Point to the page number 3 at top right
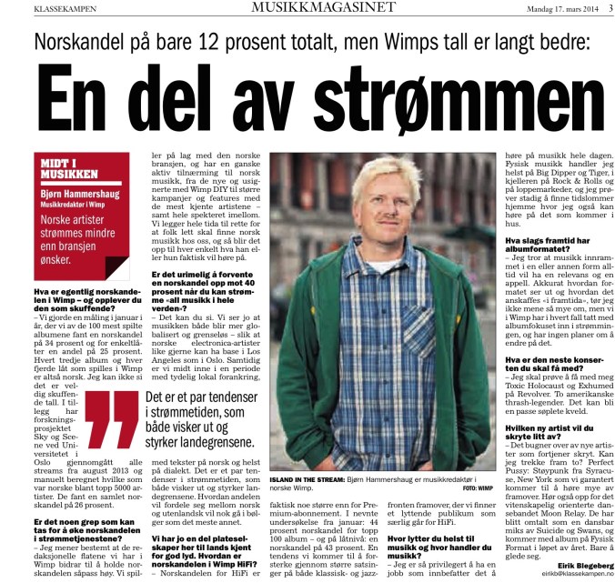point(608,10)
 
